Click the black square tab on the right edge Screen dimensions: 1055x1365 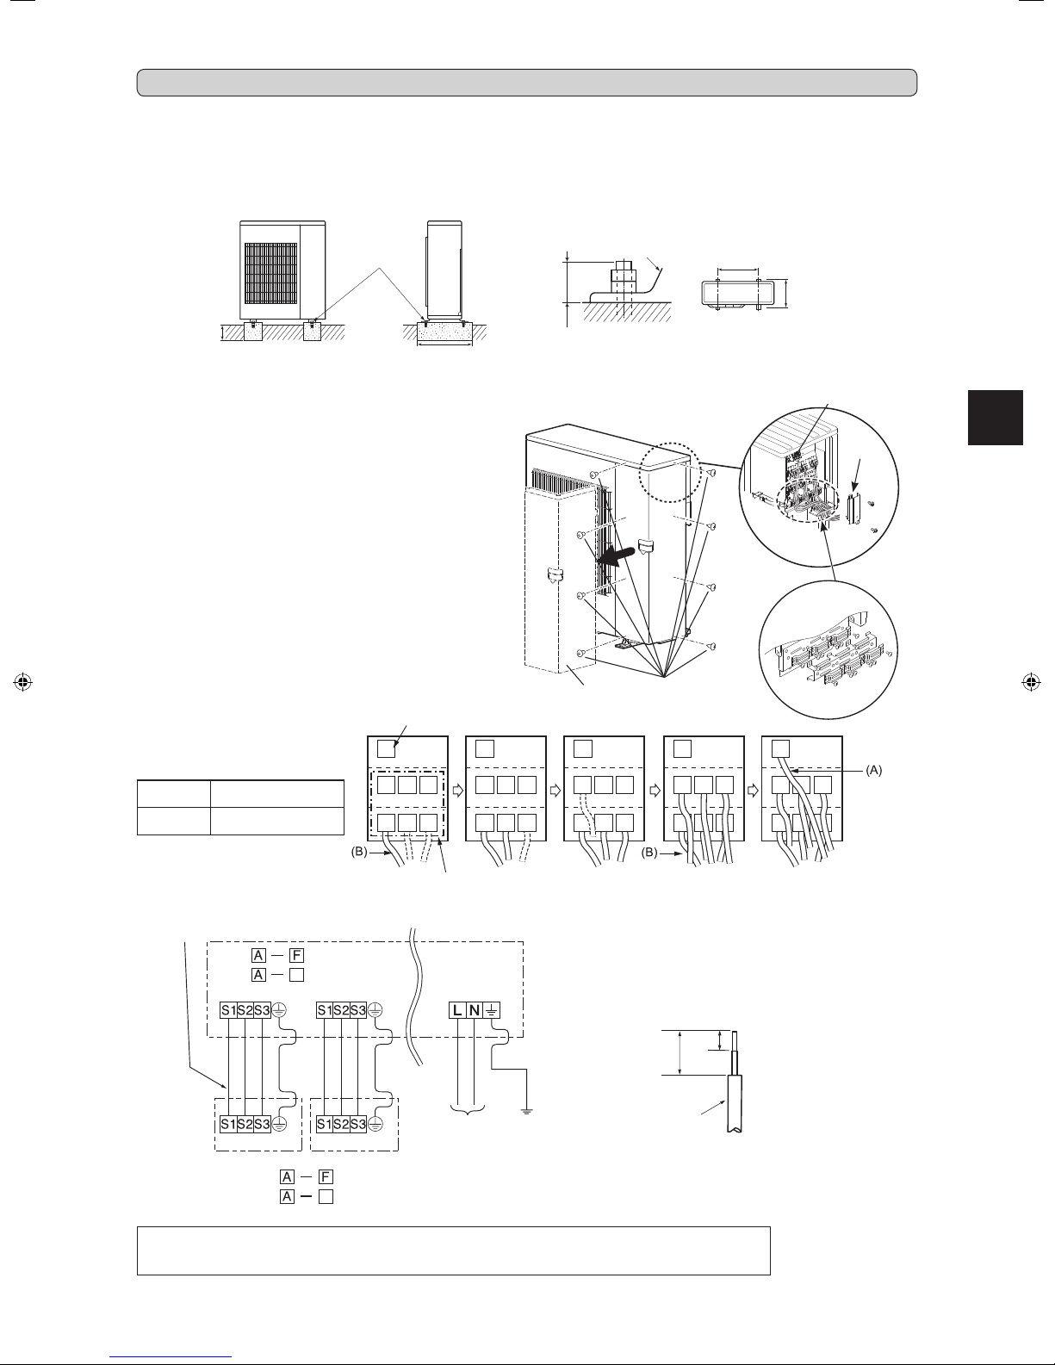996,418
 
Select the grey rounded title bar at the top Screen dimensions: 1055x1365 527,83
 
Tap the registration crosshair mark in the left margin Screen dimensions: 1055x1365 22,682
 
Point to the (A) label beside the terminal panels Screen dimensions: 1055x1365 873,771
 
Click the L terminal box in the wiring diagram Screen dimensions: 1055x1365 457,1010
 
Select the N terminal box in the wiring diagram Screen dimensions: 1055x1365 475,1010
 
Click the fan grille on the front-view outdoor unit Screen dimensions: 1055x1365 270,274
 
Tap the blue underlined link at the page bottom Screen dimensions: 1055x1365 171,1357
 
